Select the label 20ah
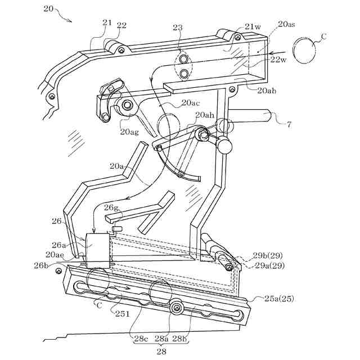click(x=205, y=115)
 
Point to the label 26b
click(x=41, y=264)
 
